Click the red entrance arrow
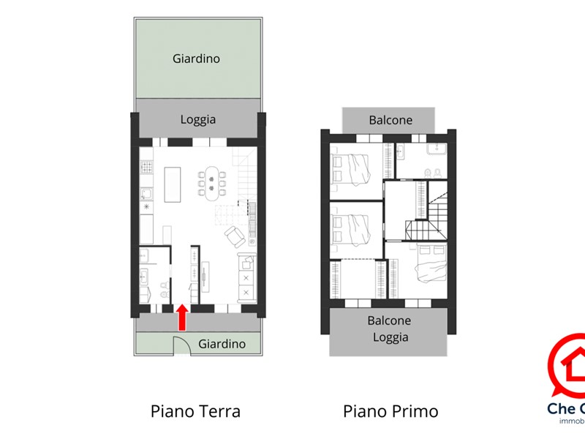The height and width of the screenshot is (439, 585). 182,318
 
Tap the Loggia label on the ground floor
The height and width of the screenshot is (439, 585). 198,119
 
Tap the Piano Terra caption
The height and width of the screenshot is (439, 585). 195,411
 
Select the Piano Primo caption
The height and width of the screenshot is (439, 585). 390,411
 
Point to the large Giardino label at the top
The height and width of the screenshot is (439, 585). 196,59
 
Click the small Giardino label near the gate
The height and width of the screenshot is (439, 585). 222,343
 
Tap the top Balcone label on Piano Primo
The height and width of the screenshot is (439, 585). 390,120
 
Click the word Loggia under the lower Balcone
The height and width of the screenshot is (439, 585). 390,337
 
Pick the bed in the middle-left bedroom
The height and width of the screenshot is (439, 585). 353,228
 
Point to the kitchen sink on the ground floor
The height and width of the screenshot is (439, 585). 146,194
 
